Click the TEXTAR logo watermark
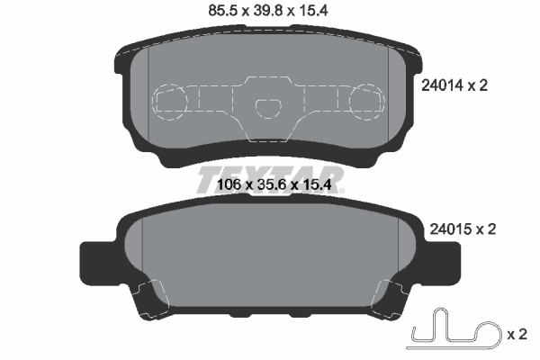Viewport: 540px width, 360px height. pyautogui.click(x=270, y=175)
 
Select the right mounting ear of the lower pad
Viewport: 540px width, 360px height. pyautogui.click(x=438, y=261)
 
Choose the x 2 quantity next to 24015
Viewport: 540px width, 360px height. pyautogui.click(x=486, y=229)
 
